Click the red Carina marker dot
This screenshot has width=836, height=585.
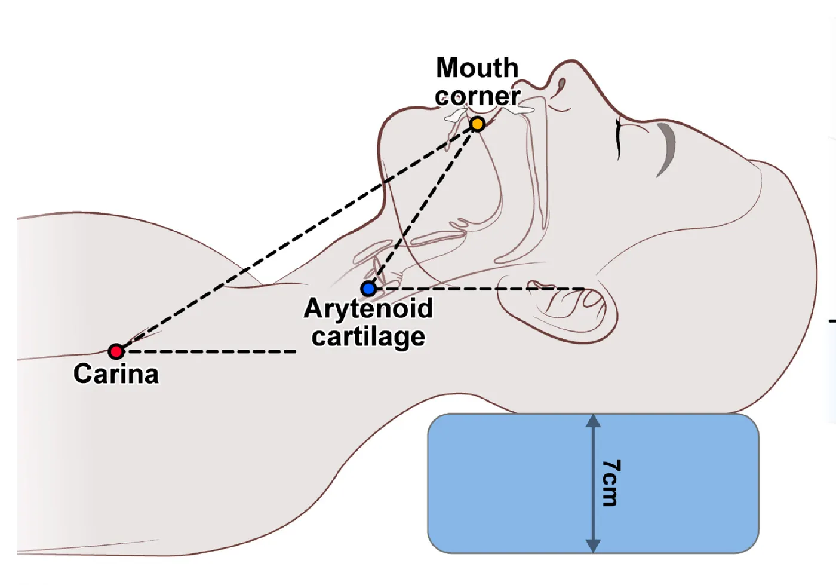[x=116, y=351]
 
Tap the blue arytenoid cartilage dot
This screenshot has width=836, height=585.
[x=369, y=289]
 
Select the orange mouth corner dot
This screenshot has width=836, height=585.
[x=477, y=124]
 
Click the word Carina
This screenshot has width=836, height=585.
[x=116, y=373]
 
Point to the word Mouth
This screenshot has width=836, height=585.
[x=477, y=68]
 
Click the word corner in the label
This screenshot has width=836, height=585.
[x=477, y=96]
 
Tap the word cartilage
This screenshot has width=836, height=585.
[x=368, y=337]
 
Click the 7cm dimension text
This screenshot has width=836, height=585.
[x=611, y=483]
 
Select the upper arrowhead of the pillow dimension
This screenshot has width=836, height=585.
[x=592, y=421]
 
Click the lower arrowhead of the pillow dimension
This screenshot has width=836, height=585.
[x=592, y=546]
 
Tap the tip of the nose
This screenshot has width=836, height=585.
[x=571, y=61]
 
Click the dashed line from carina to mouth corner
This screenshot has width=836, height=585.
[x=297, y=238]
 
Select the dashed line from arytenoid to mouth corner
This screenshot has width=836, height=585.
[x=423, y=207]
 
